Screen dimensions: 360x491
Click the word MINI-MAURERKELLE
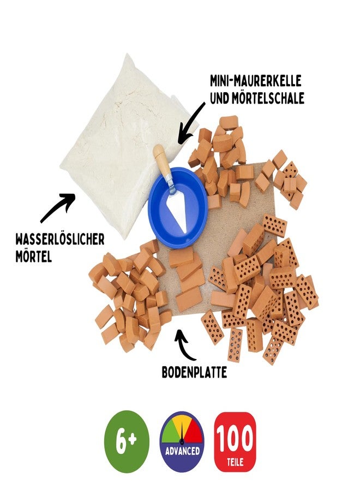point(255,81)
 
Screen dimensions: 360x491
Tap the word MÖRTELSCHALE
point(268,98)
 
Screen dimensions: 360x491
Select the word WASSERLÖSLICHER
point(60,240)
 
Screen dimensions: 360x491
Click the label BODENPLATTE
point(194,372)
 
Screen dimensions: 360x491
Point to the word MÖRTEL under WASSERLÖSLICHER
point(33,257)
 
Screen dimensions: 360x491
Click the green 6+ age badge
point(127,441)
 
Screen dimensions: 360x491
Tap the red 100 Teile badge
point(234,441)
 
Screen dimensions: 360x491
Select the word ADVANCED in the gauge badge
point(182,451)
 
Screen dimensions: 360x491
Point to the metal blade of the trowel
point(177,208)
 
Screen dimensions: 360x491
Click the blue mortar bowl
point(178,210)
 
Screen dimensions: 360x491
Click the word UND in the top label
point(220,98)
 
